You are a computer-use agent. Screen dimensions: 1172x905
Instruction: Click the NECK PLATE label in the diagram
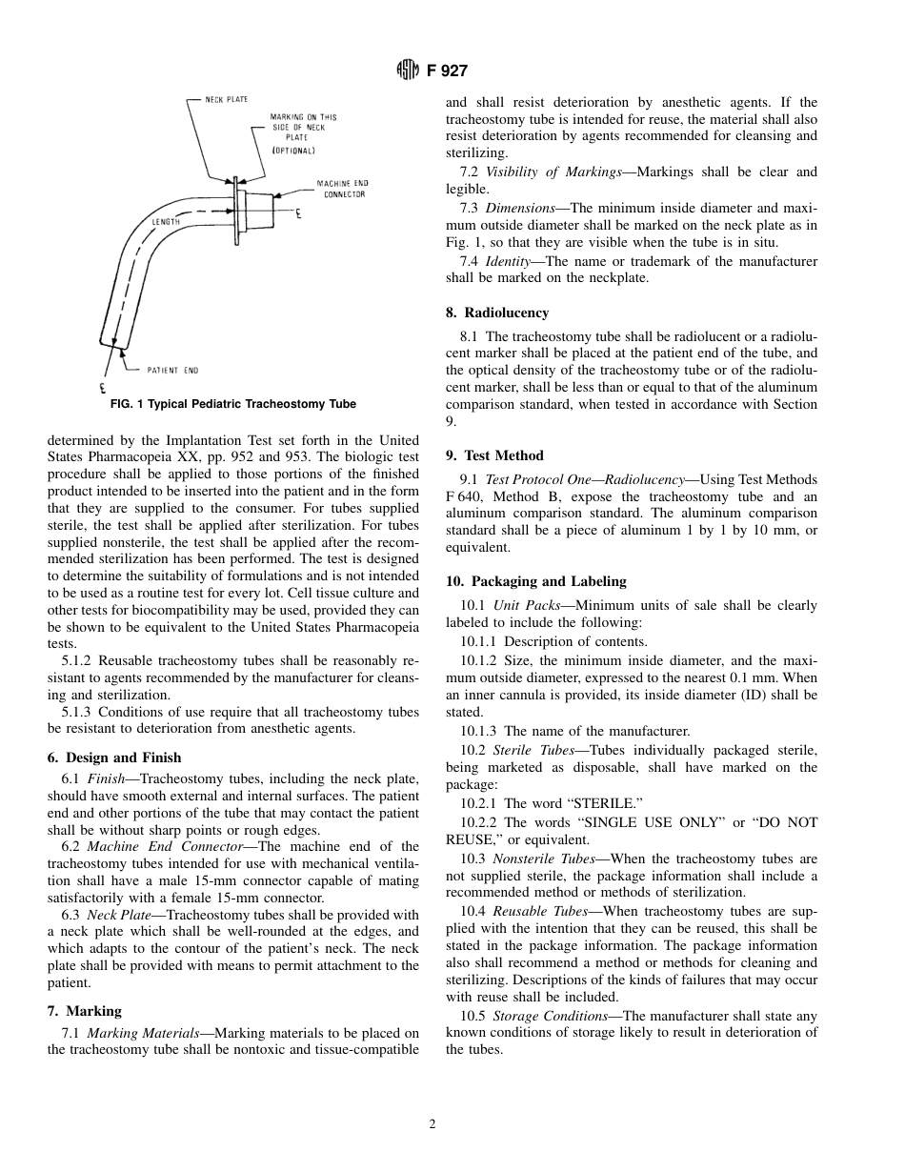click(x=229, y=99)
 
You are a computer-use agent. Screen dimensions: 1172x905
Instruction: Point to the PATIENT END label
click(x=172, y=370)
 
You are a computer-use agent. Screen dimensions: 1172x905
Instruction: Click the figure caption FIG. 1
click(x=233, y=404)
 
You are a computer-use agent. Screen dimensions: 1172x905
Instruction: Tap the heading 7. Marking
click(x=84, y=1010)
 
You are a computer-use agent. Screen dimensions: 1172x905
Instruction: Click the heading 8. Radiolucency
click(x=497, y=313)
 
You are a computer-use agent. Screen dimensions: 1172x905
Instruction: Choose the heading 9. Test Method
click(x=494, y=455)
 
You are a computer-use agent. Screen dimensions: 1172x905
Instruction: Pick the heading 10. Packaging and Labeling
click(x=536, y=581)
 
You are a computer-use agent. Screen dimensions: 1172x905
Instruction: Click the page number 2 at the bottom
click(x=432, y=1124)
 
